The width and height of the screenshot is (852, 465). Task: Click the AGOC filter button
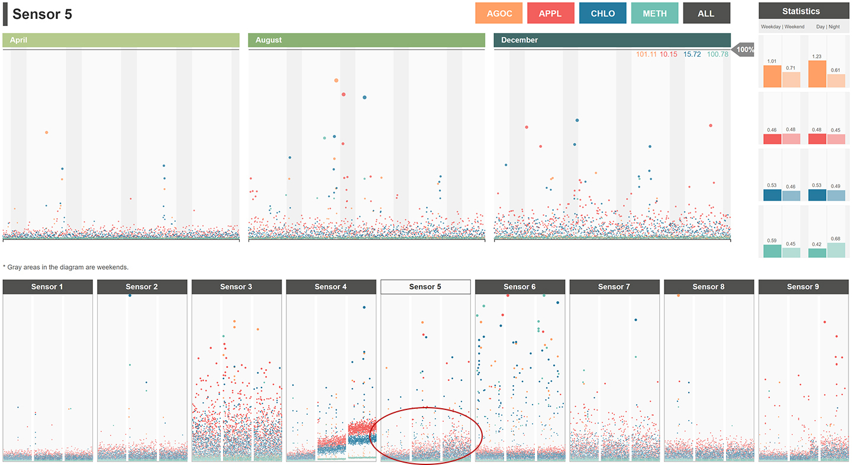point(499,13)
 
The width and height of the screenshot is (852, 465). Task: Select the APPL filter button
point(550,13)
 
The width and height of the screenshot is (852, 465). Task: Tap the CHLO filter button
point(602,13)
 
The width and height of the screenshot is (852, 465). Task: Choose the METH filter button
point(654,13)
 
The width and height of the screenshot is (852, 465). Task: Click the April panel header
point(121,40)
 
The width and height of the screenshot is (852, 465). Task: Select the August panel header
point(366,40)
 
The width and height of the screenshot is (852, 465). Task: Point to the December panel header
point(612,40)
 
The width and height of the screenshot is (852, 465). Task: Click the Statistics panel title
point(801,11)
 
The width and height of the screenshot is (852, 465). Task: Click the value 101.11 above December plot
point(646,54)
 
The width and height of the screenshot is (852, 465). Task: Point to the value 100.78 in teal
point(718,54)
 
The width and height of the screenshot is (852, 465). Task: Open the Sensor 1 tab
point(48,287)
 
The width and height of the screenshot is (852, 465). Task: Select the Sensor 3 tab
point(236,287)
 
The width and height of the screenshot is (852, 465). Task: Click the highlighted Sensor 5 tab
point(425,287)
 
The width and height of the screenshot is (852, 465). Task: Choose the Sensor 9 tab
point(803,287)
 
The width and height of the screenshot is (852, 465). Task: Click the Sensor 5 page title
point(42,14)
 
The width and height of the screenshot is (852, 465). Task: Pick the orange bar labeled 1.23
point(817,74)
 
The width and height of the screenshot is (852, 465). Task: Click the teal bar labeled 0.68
point(836,250)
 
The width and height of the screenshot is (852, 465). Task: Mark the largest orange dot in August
point(336,80)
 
